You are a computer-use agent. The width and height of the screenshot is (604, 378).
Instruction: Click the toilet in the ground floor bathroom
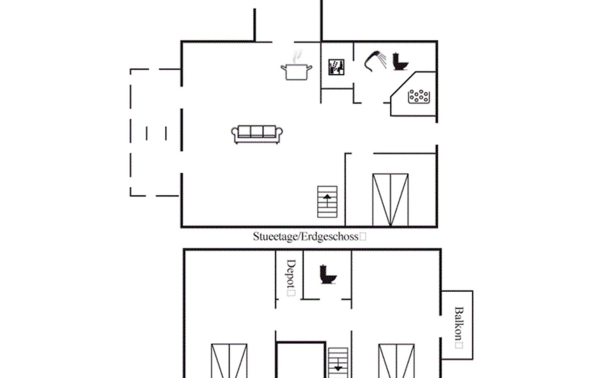[x=400, y=62]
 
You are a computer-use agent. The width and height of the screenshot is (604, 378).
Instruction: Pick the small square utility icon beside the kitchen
[x=336, y=67]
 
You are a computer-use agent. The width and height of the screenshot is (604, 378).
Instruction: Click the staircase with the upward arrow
[x=327, y=202]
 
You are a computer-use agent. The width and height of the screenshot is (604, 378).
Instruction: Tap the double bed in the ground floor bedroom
[x=390, y=200]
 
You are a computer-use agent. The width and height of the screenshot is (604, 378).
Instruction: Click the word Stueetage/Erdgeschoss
[x=306, y=237]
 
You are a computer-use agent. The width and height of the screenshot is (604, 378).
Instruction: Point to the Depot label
[x=291, y=273]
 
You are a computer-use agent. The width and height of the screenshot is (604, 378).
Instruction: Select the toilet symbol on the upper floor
[x=328, y=274]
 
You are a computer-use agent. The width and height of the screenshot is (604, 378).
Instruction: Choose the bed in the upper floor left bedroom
[x=229, y=361]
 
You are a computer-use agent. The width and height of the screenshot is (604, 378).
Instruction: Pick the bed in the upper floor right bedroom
[x=396, y=361]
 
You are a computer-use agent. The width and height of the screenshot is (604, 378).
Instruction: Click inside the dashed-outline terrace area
[x=155, y=132]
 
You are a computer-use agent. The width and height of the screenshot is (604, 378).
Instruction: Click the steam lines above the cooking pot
[x=297, y=57]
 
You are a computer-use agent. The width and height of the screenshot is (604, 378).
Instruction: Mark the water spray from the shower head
[x=382, y=60]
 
